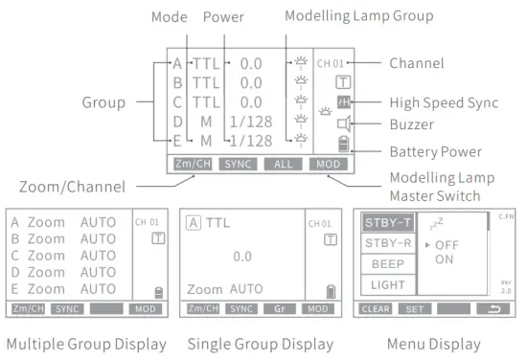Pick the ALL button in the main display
click(x=285, y=165)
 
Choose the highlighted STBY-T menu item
click(x=386, y=224)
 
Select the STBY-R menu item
click(x=386, y=244)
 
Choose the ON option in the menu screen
click(x=445, y=259)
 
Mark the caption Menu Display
click(x=436, y=343)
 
